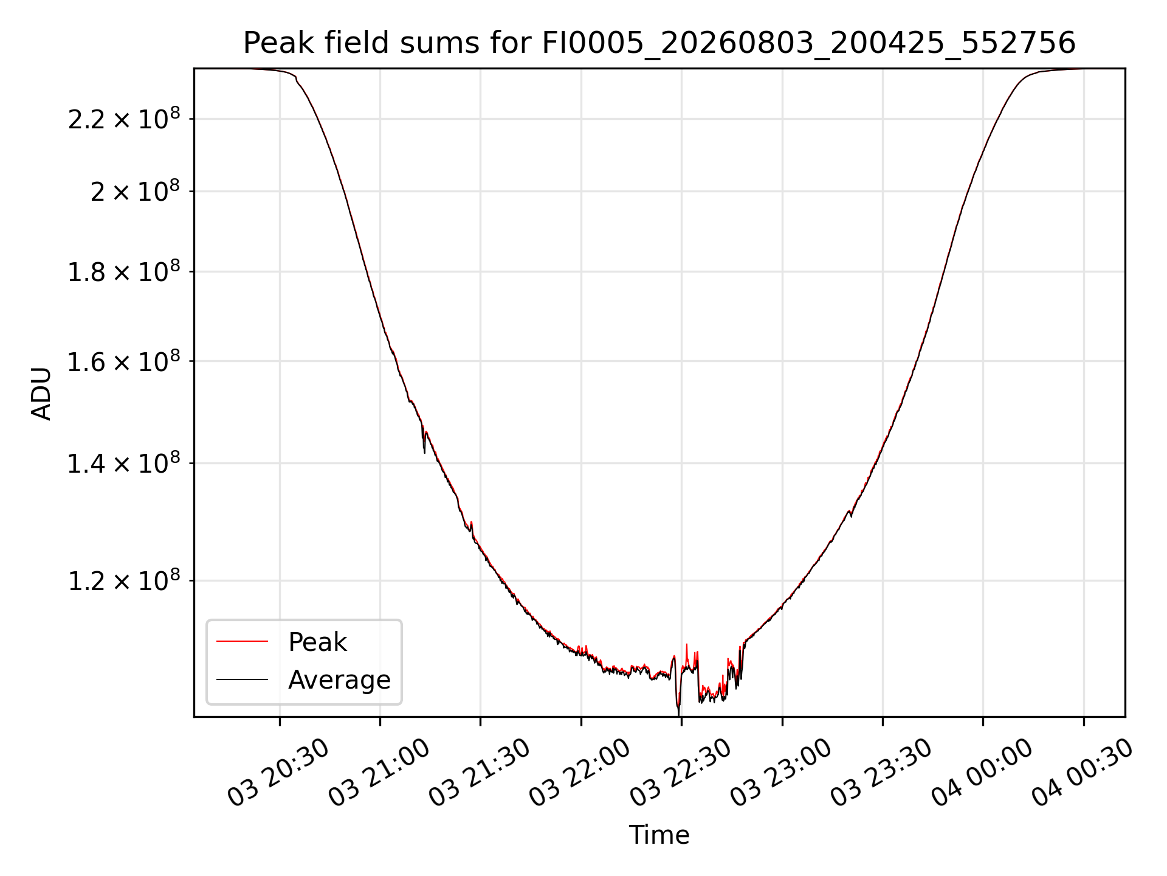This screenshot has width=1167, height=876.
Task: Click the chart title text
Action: [x=659, y=43]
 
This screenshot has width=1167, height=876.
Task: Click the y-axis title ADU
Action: [x=41, y=393]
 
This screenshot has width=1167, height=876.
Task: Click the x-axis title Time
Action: [x=659, y=835]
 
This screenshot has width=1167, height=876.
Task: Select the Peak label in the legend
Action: [x=317, y=642]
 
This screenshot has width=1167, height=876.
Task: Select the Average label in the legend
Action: [x=339, y=680]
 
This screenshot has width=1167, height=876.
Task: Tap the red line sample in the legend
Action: [x=242, y=641]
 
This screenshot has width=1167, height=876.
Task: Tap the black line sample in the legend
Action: [x=242, y=679]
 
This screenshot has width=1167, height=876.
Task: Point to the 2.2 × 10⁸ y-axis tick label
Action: [x=124, y=119]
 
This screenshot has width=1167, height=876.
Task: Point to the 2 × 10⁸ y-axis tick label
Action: [x=135, y=191]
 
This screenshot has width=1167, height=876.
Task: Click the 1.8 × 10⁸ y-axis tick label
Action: [x=124, y=271]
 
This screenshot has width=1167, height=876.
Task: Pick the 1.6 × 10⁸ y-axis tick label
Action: [x=124, y=361]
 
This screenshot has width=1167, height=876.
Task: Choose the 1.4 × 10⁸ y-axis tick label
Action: [x=124, y=464]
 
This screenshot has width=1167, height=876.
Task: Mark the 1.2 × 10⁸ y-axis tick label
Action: [x=124, y=581]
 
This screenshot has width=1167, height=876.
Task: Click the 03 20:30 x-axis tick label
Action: [x=278, y=773]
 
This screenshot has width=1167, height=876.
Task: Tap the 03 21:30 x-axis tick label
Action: [x=480, y=773]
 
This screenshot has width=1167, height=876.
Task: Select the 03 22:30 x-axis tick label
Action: [x=680, y=773]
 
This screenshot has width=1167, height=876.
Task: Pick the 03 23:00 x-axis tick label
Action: [x=781, y=773]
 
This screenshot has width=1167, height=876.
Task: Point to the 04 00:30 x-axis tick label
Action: [x=1083, y=773]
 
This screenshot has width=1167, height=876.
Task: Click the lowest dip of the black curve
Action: [x=678, y=714]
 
